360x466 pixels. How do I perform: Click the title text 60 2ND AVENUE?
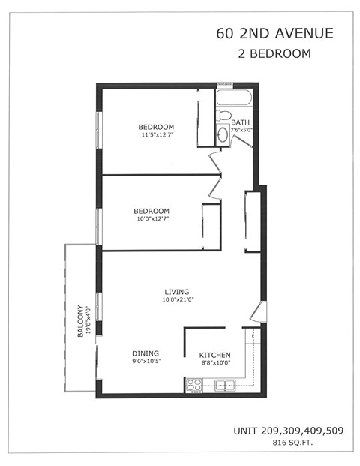coord(274,33)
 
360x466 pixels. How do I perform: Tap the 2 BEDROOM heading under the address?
coord(274,54)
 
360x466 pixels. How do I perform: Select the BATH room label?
coord(241,122)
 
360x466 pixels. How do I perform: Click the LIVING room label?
coord(177,292)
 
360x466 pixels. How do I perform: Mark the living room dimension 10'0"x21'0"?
coord(177,301)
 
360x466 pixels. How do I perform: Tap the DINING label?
coord(145,353)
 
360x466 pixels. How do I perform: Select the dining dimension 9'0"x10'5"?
coord(146,362)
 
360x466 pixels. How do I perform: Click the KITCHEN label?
coord(214,355)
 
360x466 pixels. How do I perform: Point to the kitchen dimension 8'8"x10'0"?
coord(214,364)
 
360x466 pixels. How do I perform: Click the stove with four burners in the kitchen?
coord(194,386)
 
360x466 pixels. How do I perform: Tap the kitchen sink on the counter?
coord(224,386)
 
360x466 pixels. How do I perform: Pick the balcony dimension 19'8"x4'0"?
coord(88,322)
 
